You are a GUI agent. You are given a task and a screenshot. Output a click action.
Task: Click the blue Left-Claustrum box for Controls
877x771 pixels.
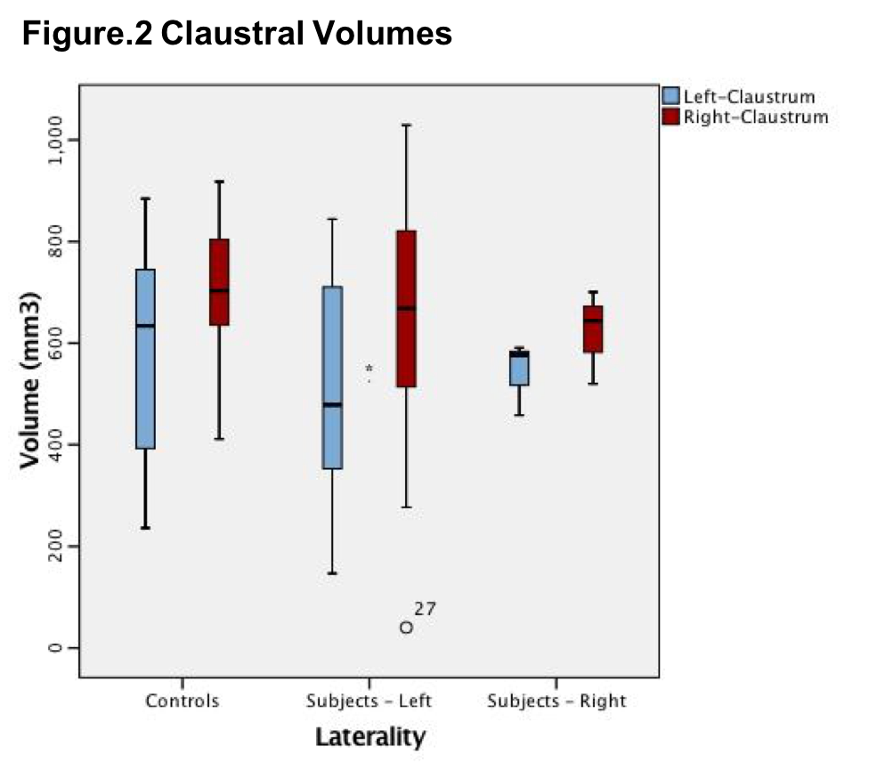[145, 359]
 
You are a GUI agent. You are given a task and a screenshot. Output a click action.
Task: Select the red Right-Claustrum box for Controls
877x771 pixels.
[219, 282]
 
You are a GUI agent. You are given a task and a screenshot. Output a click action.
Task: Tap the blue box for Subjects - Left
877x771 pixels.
[332, 377]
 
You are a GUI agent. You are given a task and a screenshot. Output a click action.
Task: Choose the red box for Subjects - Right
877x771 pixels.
[593, 329]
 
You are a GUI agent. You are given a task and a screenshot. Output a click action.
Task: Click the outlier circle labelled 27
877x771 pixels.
[406, 627]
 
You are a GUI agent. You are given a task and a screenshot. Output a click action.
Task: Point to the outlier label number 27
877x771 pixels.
[425, 609]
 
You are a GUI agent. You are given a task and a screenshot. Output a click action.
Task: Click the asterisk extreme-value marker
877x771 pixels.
[369, 369]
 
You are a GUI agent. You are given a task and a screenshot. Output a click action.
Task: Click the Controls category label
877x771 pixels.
[183, 701]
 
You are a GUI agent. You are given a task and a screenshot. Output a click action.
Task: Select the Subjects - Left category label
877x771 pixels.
[369, 701]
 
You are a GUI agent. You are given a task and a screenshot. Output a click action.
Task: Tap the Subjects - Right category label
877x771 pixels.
[556, 701]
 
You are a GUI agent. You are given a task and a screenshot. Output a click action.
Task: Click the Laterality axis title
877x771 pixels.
[369, 737]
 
